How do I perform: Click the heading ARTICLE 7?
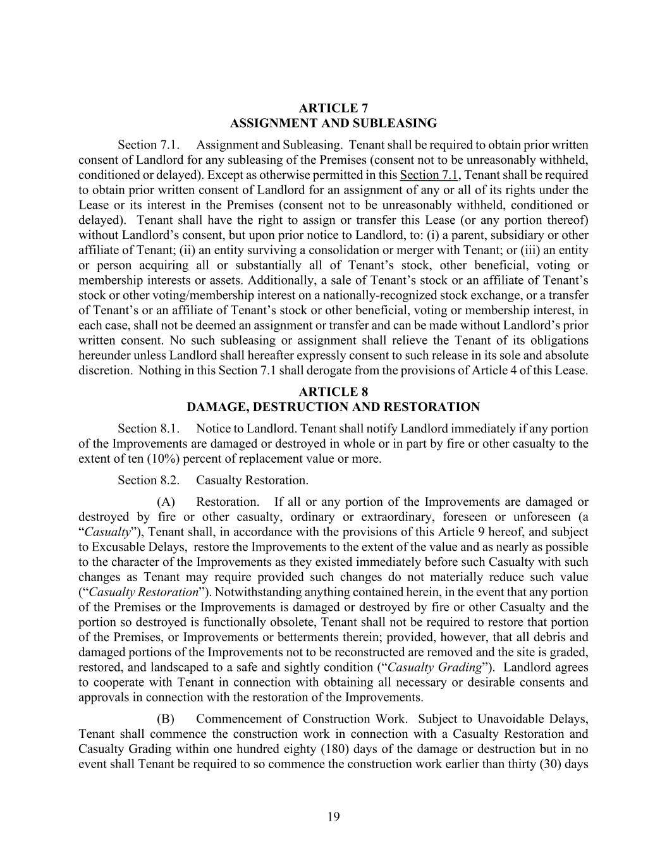pyautogui.click(x=333, y=107)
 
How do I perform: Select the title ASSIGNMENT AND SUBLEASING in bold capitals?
pyautogui.click(x=333, y=123)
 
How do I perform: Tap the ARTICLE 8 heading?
pyautogui.click(x=333, y=391)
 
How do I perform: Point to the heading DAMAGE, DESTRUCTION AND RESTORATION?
pyautogui.click(x=333, y=407)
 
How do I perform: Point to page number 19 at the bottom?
pyautogui.click(x=333, y=817)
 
